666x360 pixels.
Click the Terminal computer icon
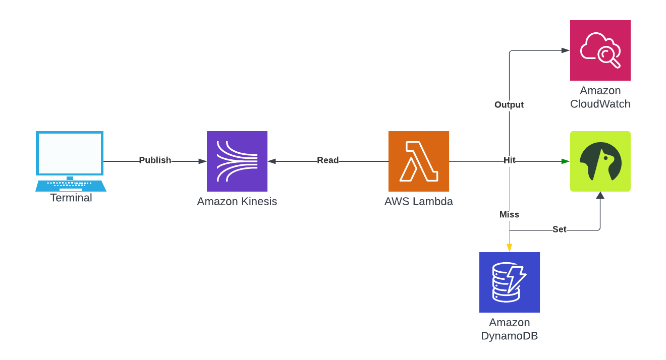click(x=70, y=160)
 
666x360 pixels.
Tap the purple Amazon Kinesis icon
click(x=237, y=161)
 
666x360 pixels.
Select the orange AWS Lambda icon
click(x=419, y=161)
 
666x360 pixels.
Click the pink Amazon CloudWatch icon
click(x=600, y=50)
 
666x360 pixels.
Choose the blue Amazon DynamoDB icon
click(x=510, y=282)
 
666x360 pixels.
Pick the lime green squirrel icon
click(x=600, y=161)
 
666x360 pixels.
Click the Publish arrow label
click(x=155, y=160)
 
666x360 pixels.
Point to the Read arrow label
click(x=328, y=160)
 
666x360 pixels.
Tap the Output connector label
click(x=509, y=105)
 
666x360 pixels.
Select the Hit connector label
click(x=510, y=160)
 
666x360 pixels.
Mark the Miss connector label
click(x=510, y=215)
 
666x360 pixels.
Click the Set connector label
click(x=560, y=229)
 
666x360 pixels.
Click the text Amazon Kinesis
click(x=237, y=202)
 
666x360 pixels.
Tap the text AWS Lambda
click(x=419, y=202)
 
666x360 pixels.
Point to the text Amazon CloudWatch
click(x=600, y=97)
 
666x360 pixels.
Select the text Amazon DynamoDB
click(x=510, y=329)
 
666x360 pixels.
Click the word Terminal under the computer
click(x=71, y=198)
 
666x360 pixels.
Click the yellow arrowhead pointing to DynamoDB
click(x=510, y=248)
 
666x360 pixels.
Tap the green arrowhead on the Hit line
click(x=565, y=161)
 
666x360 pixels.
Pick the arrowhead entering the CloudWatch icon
click(x=565, y=50)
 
